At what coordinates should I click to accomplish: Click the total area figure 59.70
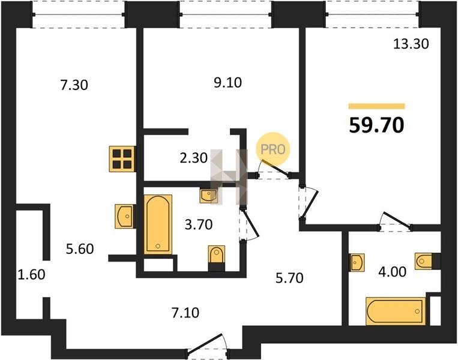click(376, 125)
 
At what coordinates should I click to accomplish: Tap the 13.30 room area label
click(411, 44)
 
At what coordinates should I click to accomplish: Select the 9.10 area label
click(228, 83)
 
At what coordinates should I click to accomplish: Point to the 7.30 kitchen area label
click(74, 85)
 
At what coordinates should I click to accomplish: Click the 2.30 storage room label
click(194, 158)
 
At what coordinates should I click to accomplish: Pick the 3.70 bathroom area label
click(199, 224)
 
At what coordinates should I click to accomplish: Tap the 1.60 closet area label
click(32, 275)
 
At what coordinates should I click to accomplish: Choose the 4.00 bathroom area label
click(393, 272)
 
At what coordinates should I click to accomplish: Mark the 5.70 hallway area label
click(289, 278)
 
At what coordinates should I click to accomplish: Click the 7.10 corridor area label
click(185, 313)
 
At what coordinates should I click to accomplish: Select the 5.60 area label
click(80, 249)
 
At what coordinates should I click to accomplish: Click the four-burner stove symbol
click(122, 159)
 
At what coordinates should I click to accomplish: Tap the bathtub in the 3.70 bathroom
click(158, 224)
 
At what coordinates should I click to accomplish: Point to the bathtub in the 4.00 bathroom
click(396, 311)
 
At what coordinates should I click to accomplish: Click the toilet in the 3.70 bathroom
click(217, 255)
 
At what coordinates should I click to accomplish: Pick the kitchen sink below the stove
click(125, 217)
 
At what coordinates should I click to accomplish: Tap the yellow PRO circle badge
click(273, 149)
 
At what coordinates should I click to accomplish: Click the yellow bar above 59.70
click(376, 106)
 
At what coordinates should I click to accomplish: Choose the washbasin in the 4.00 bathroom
click(357, 262)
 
